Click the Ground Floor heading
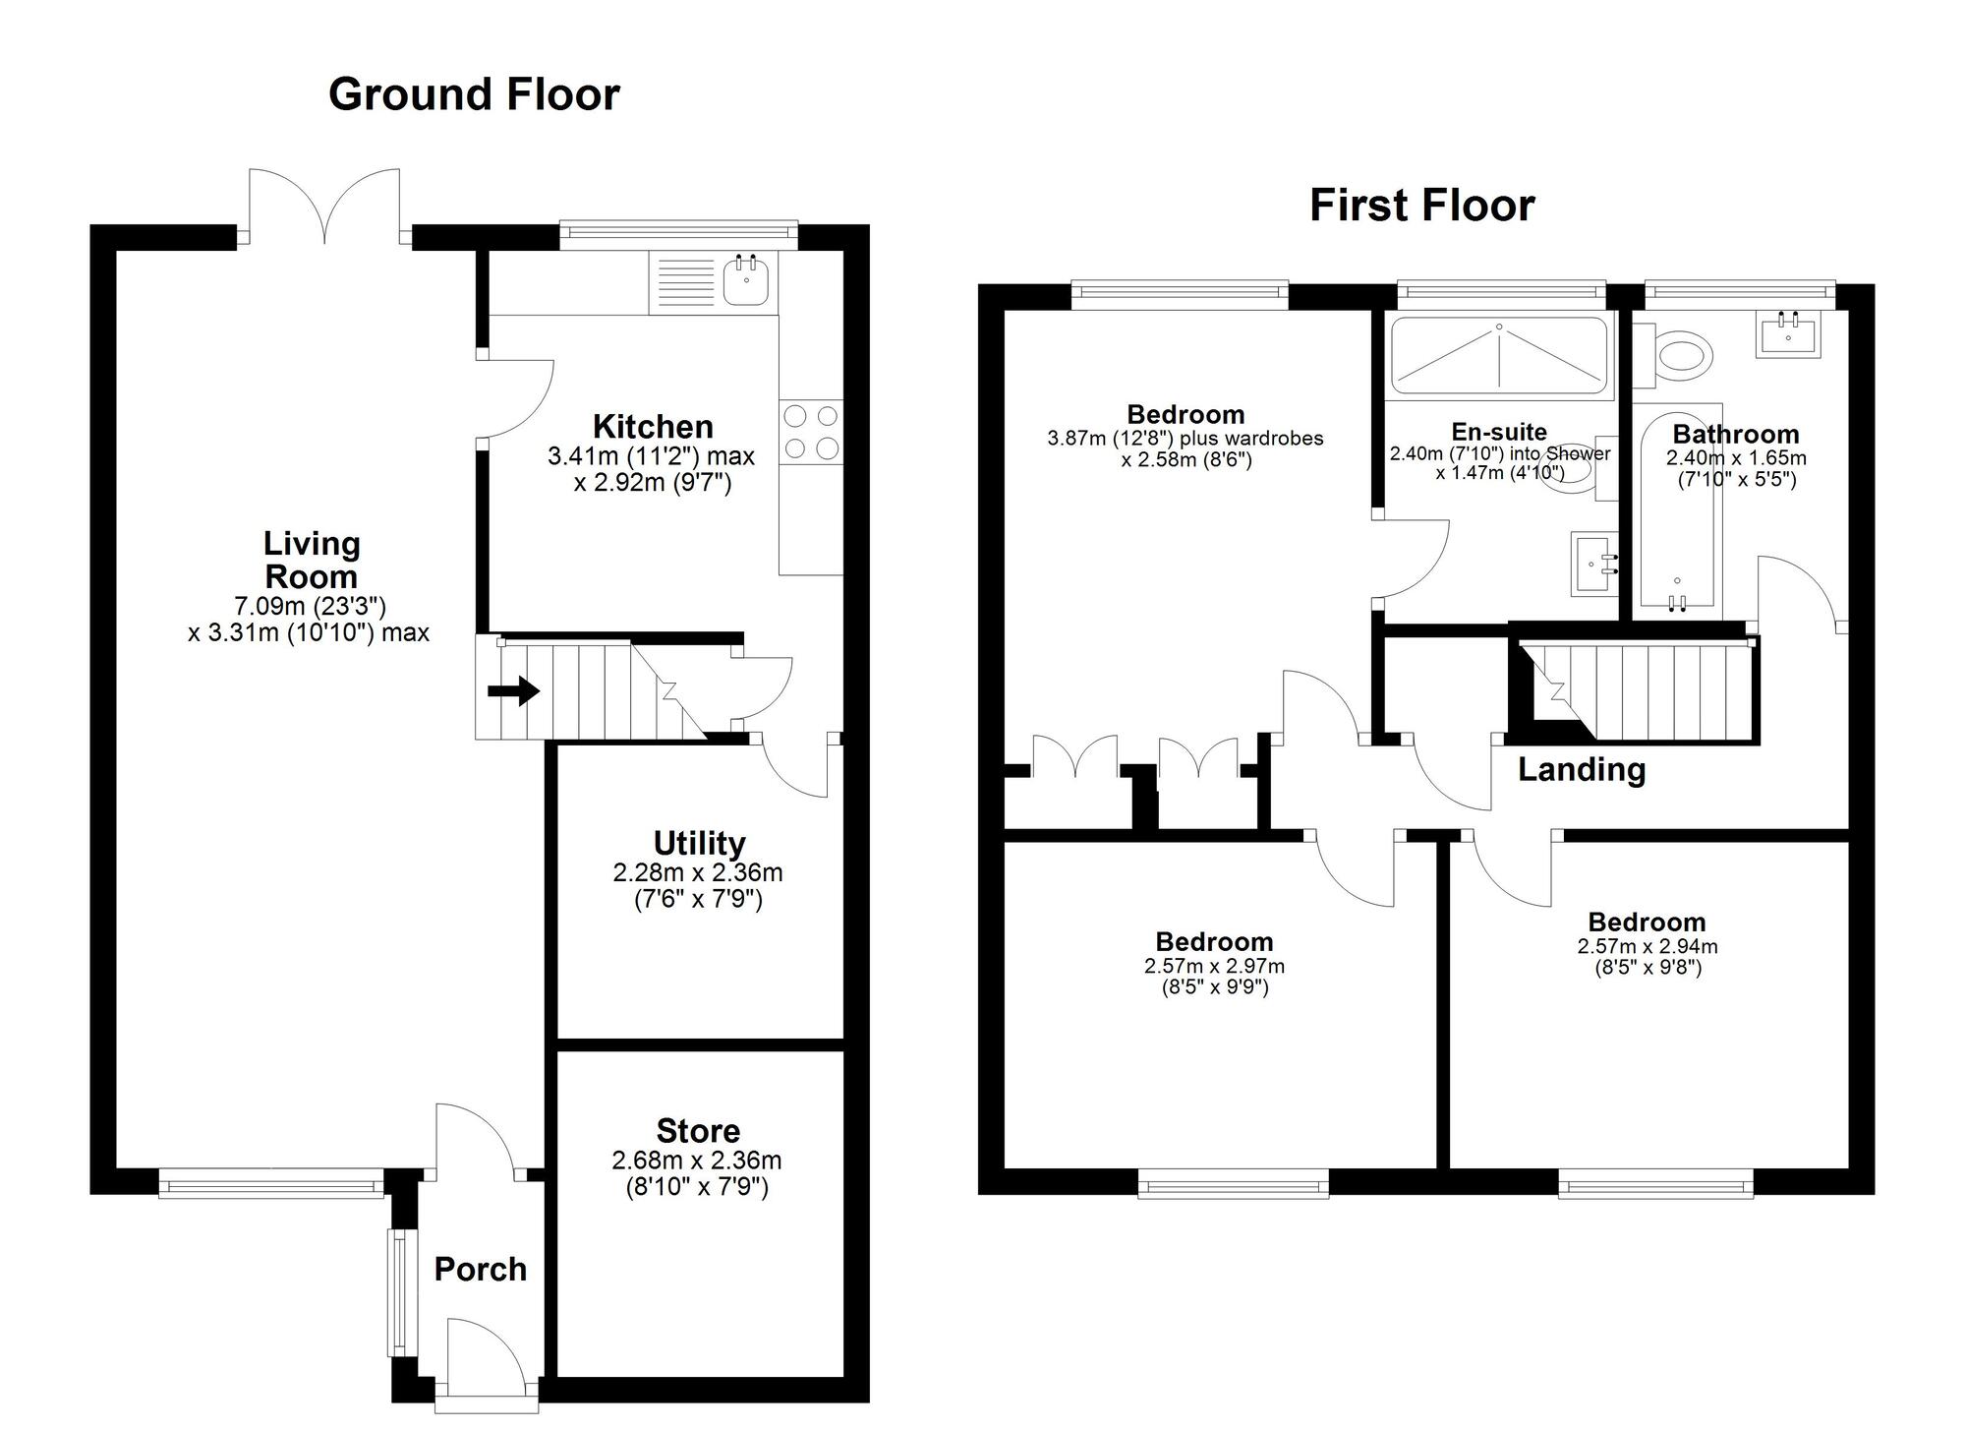point(474,94)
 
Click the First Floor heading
point(1421,206)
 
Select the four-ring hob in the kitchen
point(811,432)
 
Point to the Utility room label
point(699,843)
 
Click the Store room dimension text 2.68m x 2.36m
point(697,1161)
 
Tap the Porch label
point(480,1269)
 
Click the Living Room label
point(312,560)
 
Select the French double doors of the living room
point(324,207)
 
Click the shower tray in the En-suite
point(1499,356)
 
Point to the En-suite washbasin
point(1594,565)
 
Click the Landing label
point(1582,769)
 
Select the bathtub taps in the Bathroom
point(1678,602)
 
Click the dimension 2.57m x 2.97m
point(1214,966)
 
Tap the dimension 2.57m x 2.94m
point(1648,946)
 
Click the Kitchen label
point(653,427)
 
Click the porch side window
point(399,1291)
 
